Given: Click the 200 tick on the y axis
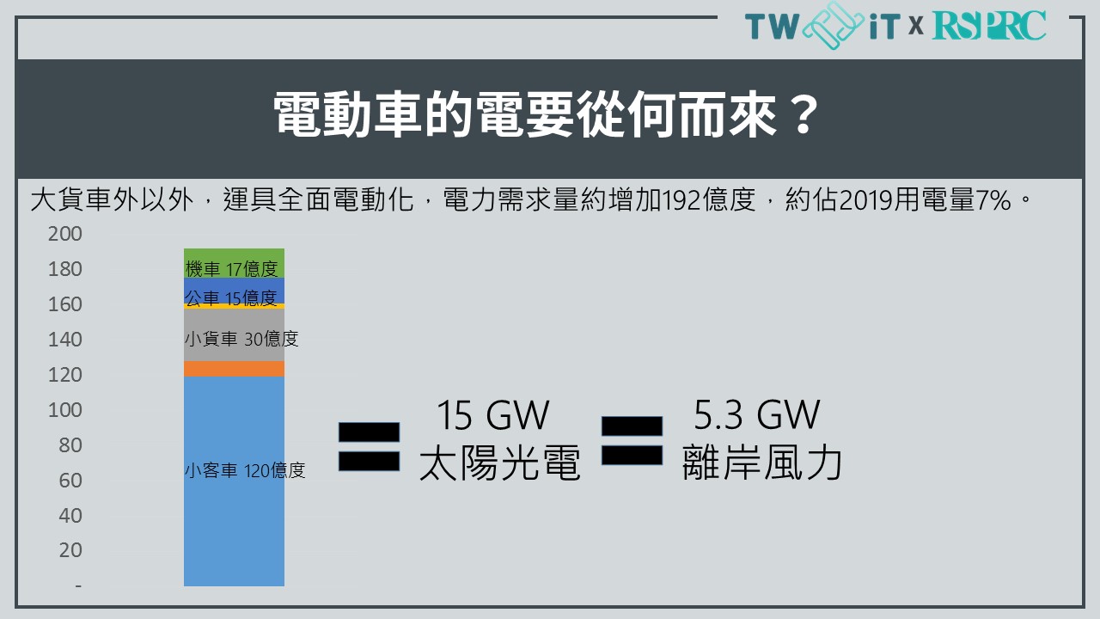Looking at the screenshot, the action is pos(64,234).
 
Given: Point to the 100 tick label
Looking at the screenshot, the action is pos(64,410).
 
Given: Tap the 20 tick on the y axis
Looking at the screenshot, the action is pos(70,550).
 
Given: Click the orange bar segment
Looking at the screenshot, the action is pos(234,369).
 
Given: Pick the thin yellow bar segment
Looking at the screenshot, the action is pos(234,306).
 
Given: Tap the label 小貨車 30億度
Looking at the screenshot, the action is pos(241,339).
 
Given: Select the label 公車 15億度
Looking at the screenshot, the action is pos(231,298).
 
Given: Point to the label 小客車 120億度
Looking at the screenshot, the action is pos(245,470).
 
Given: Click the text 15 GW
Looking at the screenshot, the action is pos(493,415).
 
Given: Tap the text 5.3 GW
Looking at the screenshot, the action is pos(757,415).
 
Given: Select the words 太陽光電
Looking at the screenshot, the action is pos(500,463).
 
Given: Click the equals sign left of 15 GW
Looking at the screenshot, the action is pos(369,446).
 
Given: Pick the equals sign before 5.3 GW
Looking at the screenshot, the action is pos(632,441).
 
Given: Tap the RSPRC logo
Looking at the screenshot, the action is pos(989,26).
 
